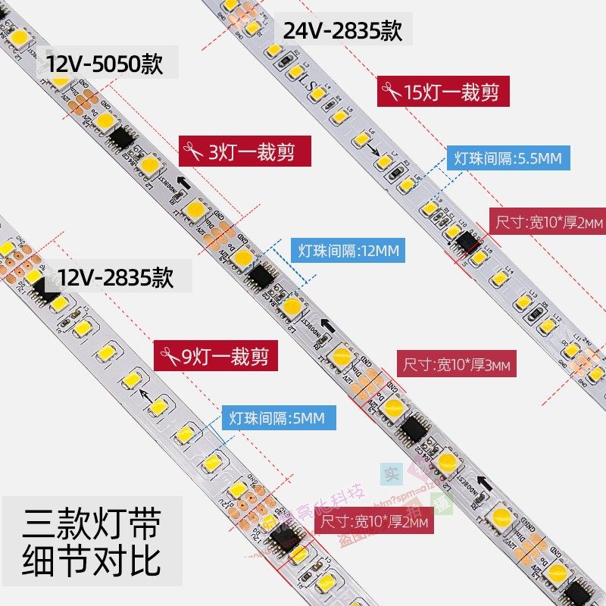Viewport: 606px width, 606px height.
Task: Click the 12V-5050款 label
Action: click(105, 64)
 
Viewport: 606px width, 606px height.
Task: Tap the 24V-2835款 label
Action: click(342, 31)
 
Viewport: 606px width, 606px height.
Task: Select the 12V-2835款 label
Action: click(117, 277)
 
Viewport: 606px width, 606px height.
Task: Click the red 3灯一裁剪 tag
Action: click(245, 151)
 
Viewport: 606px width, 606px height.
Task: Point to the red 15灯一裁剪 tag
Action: click(442, 92)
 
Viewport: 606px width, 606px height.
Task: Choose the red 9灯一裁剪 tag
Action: click(214, 354)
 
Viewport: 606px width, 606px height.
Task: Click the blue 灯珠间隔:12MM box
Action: click(347, 250)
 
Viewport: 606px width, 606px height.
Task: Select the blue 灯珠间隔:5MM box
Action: click(278, 417)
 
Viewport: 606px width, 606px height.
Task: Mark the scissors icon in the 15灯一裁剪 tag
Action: click(392, 92)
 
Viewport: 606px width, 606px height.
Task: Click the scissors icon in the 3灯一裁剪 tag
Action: click(193, 151)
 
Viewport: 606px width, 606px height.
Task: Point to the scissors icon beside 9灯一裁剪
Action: click(168, 354)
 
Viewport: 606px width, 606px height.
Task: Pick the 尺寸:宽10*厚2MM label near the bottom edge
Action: click(374, 522)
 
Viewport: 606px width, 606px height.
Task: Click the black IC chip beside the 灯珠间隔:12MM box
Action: click(262, 277)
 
